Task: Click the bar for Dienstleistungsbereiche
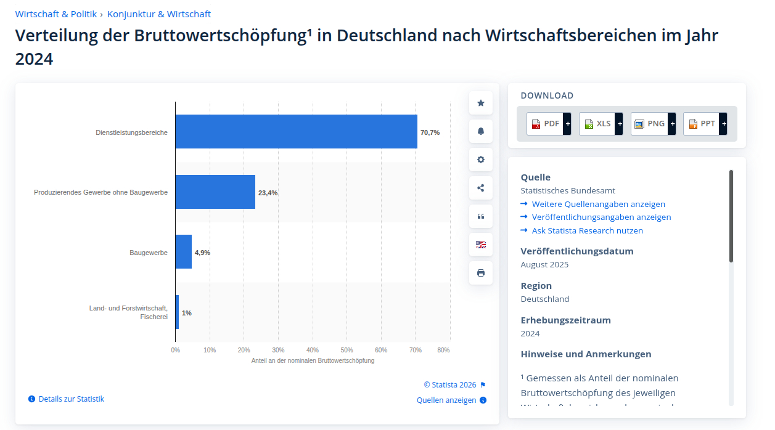click(296, 132)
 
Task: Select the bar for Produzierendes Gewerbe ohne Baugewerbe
click(215, 192)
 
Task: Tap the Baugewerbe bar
click(184, 252)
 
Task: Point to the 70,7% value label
click(430, 132)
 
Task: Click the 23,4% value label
click(268, 193)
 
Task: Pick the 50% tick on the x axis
click(346, 350)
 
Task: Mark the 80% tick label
click(443, 350)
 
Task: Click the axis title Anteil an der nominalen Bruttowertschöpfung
click(313, 360)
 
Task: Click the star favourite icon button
click(481, 103)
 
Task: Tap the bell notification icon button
click(481, 131)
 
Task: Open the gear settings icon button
click(481, 160)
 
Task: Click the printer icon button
click(481, 273)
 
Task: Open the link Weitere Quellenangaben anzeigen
click(598, 204)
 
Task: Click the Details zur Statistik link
click(71, 399)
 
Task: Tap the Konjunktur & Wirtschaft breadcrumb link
click(159, 14)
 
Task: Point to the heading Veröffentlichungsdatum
click(577, 251)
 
